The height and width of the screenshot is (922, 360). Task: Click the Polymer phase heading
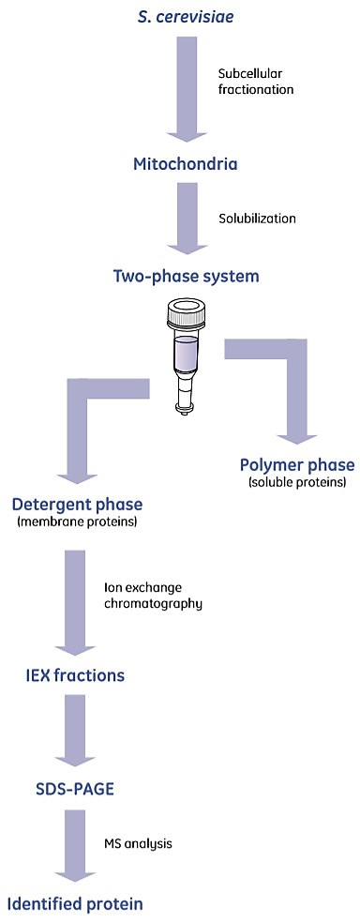point(297,466)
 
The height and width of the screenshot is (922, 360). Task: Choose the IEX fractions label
point(74,674)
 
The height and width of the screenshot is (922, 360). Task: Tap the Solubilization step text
point(257,219)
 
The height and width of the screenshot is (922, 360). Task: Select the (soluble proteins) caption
point(297,483)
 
